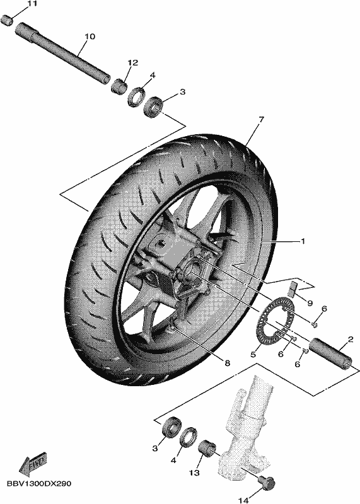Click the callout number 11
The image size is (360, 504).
(32, 4)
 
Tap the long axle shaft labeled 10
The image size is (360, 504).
(63, 54)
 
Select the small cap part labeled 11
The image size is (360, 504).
(7, 20)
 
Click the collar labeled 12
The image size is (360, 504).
(119, 86)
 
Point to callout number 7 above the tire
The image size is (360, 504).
(260, 120)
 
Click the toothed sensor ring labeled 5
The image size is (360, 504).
(276, 321)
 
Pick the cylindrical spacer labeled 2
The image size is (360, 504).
(330, 354)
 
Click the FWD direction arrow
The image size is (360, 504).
(33, 464)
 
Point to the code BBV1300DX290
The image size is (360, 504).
(38, 484)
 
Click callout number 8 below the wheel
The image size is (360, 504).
(227, 364)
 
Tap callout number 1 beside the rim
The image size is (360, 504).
(302, 241)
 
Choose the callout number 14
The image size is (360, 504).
(243, 500)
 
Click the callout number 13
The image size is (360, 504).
(194, 472)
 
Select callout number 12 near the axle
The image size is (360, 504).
(132, 62)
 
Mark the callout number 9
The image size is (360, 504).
(310, 303)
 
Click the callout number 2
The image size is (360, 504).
(351, 339)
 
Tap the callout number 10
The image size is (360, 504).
(90, 37)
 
